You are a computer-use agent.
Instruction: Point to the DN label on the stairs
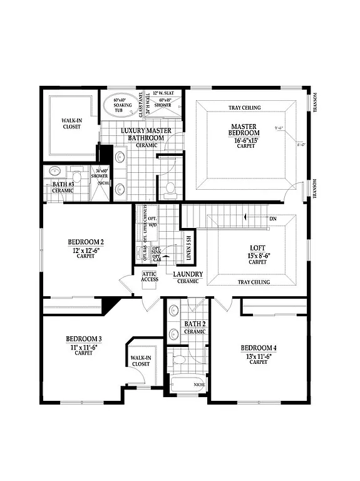[272, 219]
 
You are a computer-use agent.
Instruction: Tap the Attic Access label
[150, 276]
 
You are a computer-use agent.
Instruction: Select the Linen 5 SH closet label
[188, 247]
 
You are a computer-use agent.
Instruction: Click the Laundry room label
[188, 274]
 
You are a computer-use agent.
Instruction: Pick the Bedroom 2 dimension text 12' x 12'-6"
[86, 251]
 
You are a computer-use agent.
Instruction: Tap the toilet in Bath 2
[178, 359]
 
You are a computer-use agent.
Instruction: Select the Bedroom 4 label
[259, 348]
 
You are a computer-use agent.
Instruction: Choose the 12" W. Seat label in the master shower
[168, 93]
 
